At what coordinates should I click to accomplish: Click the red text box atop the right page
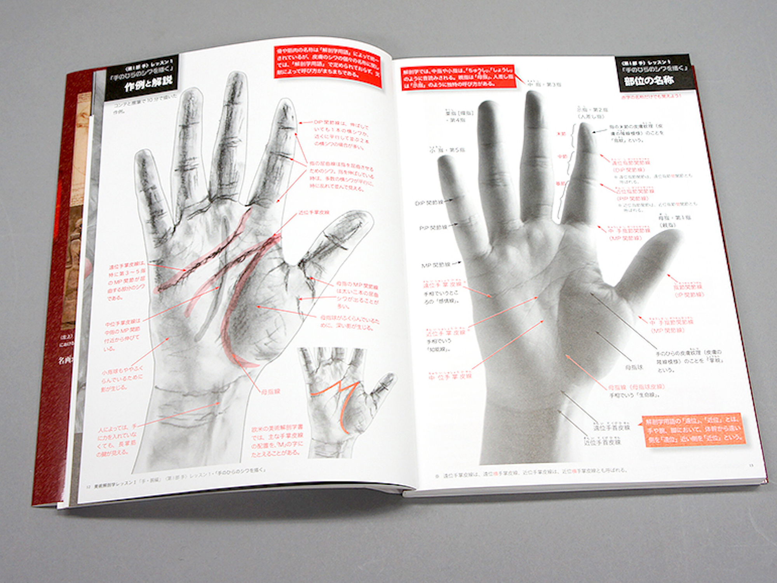(x=458, y=77)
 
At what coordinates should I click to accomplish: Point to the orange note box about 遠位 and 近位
(x=694, y=429)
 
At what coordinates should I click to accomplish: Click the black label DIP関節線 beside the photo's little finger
(x=429, y=203)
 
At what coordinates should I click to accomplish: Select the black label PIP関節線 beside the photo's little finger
(x=433, y=228)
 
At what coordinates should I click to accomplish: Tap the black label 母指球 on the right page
(x=634, y=367)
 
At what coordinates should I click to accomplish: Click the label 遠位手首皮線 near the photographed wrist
(x=611, y=428)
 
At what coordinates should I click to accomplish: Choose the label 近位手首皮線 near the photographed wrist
(x=602, y=442)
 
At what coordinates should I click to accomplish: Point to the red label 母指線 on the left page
(x=270, y=392)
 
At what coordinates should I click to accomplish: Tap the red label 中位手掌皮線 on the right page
(x=450, y=377)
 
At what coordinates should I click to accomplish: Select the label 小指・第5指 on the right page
(x=447, y=150)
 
